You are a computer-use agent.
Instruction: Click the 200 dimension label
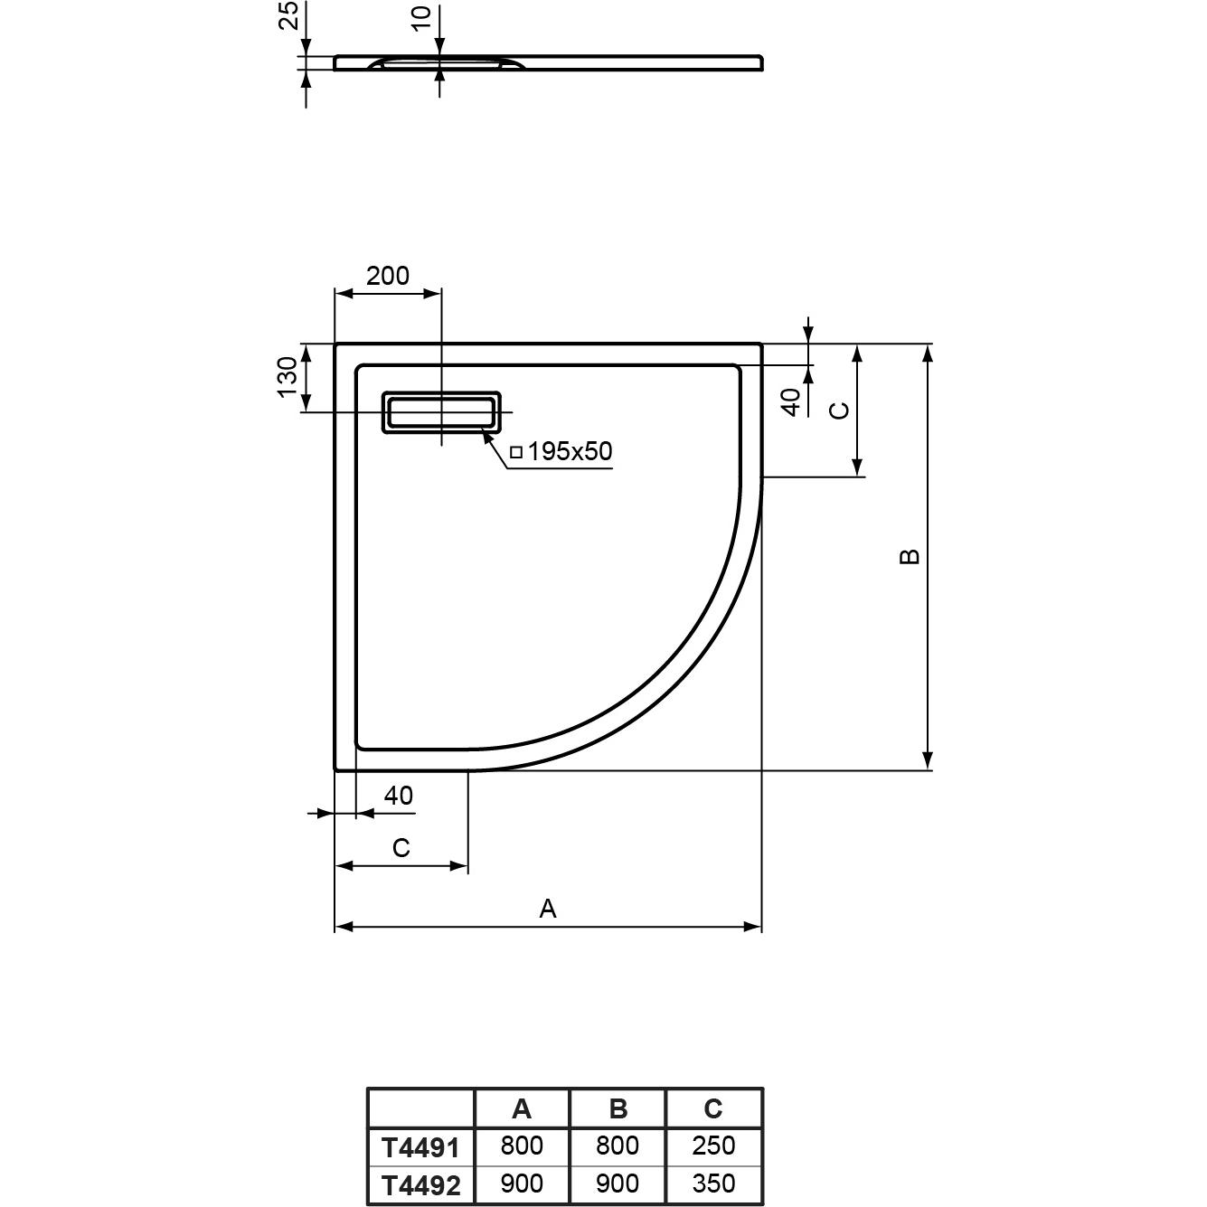[x=388, y=276]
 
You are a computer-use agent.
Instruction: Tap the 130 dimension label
[x=288, y=377]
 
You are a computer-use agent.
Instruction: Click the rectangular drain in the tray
[x=441, y=412]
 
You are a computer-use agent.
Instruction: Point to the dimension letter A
[x=547, y=908]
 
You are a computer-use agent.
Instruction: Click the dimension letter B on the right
[x=910, y=556]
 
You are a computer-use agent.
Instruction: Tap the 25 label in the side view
[x=288, y=15]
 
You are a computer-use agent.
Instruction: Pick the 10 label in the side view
[x=422, y=17]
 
